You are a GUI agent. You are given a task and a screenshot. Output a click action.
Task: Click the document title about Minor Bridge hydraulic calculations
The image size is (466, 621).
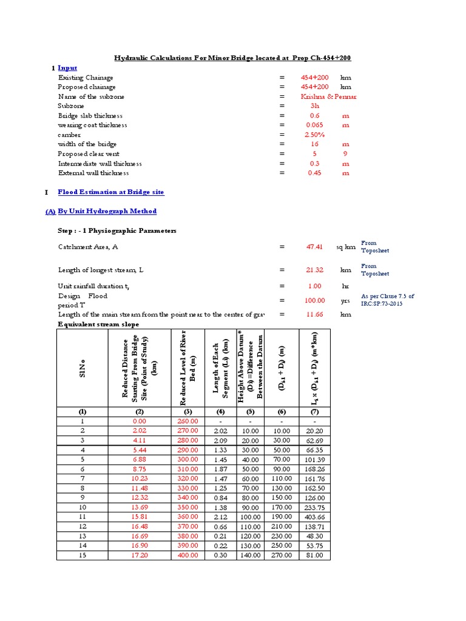233,58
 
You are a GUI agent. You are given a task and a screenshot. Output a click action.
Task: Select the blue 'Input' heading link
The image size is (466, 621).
67,68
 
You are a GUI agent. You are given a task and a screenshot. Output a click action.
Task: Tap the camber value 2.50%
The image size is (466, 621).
314,135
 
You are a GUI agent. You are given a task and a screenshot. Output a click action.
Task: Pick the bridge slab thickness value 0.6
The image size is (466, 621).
314,115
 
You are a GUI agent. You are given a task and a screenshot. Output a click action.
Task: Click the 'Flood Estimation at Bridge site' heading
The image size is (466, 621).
110,192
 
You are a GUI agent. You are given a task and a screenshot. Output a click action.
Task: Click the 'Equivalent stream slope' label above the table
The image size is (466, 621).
98,324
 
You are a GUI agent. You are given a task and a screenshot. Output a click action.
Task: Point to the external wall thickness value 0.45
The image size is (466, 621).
314,173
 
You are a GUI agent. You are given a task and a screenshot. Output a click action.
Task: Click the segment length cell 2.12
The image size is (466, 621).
220,516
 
